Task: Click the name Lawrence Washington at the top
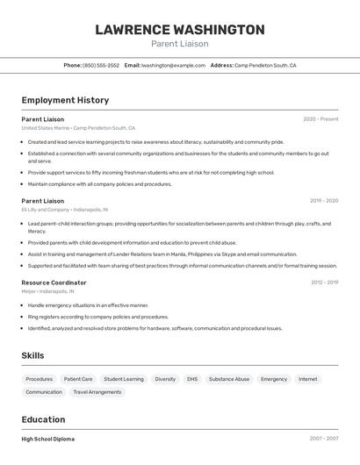[x=179, y=29]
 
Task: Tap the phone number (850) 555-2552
[x=100, y=65]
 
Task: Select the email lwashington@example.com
[x=173, y=65]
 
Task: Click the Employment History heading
[x=65, y=100]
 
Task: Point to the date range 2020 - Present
[x=320, y=119]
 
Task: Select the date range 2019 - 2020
[x=324, y=201]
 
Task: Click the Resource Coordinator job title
[x=54, y=283]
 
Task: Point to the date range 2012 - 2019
[x=324, y=283]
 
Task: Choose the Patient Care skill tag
[x=78, y=379]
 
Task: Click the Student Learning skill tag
[x=123, y=379]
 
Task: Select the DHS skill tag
[x=192, y=379]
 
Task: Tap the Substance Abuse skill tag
[x=229, y=379]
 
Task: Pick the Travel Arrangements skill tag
[x=97, y=392]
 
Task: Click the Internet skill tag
[x=307, y=379]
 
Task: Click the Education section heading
[x=43, y=419]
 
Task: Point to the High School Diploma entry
[x=47, y=439]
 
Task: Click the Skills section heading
[x=33, y=355]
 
